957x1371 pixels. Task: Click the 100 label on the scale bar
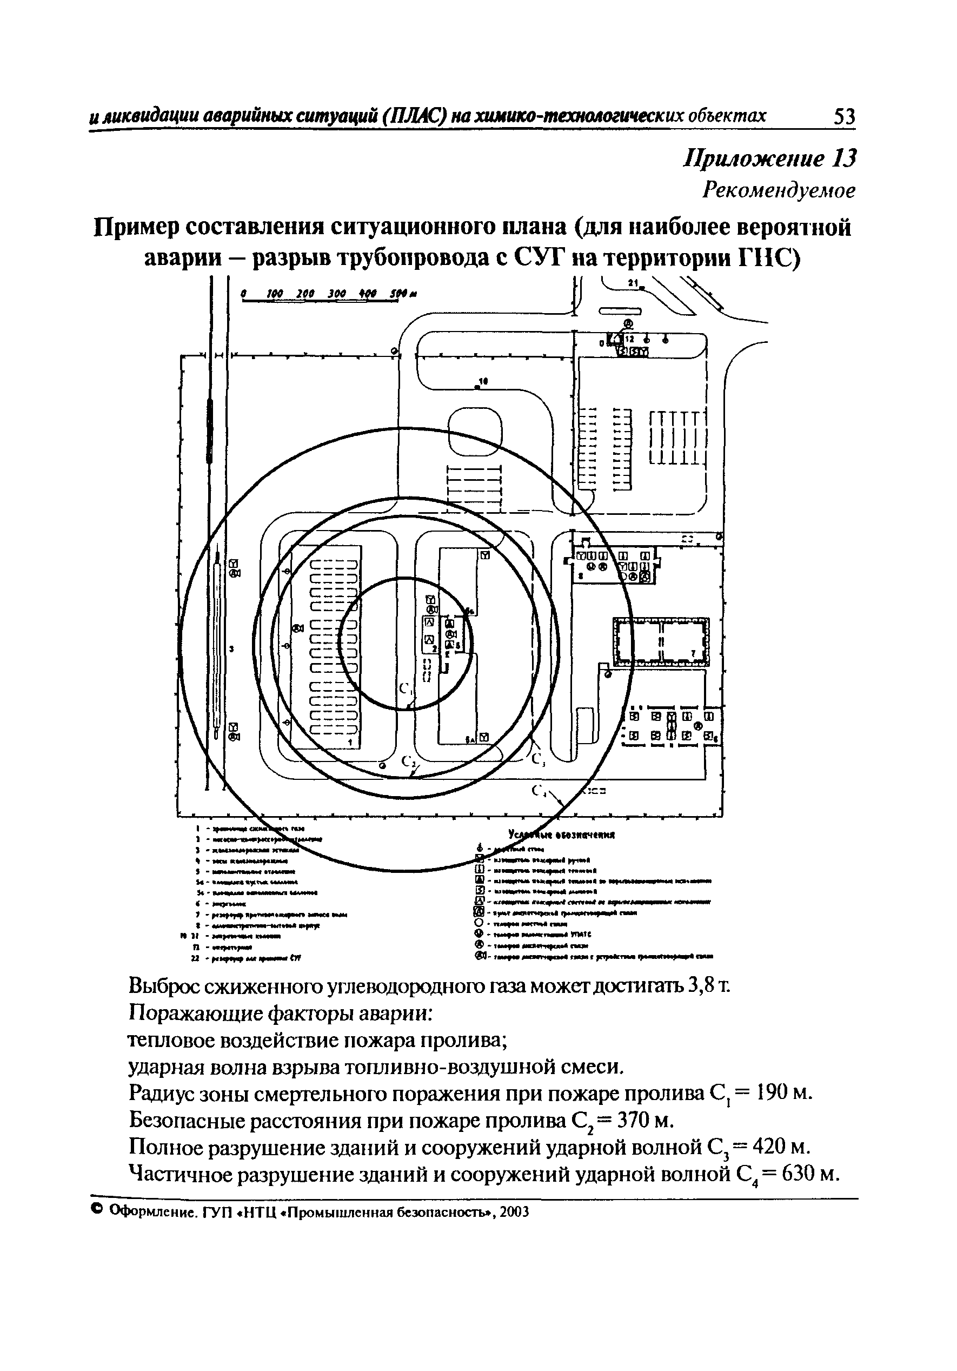pyautogui.click(x=275, y=294)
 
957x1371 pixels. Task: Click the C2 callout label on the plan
pyautogui.click(x=409, y=761)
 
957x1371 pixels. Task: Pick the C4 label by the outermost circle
pyautogui.click(x=540, y=791)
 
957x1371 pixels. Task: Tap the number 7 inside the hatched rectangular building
pyautogui.click(x=693, y=654)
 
